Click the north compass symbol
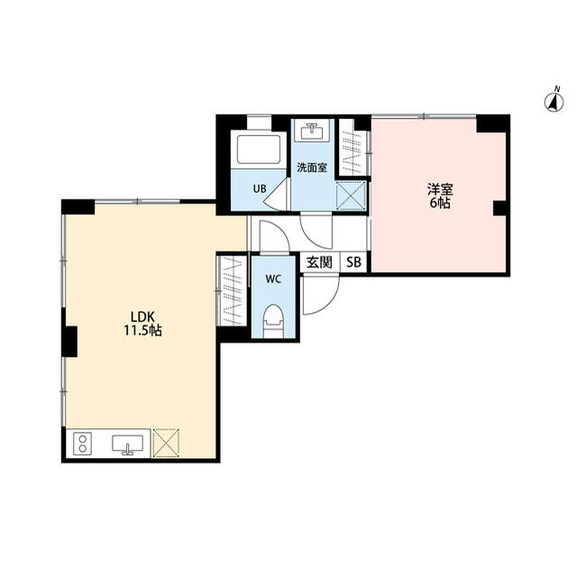pos(554,101)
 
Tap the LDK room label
pos(142,316)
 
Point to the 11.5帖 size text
pos(142,331)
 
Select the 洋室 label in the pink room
pos(440,189)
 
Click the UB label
pos(260,188)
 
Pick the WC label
pos(273,279)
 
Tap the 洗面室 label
pos(312,168)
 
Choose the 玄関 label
pos(319,262)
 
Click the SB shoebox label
pos(353,262)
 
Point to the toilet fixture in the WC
pos(273,320)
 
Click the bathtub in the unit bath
pos(259,150)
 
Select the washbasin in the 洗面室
pos(313,132)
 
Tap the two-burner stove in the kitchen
pos(83,444)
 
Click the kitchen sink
pos(128,444)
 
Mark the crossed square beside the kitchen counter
pos(166,443)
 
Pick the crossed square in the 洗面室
pos(351,196)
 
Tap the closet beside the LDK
pos(233,290)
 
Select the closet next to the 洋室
pos(353,147)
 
